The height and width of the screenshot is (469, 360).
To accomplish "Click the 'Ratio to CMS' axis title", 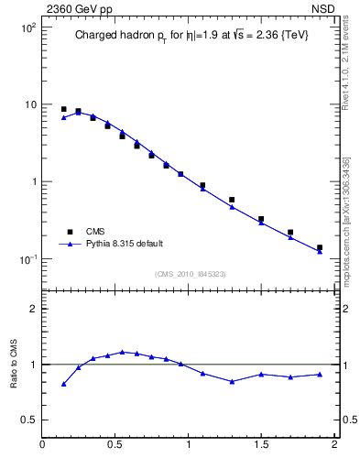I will point(14,365).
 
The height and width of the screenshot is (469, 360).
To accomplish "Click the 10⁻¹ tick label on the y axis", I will point(28,259).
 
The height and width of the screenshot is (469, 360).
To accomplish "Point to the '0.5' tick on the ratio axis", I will point(27,420).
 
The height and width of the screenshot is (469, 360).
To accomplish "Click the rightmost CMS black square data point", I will point(320,247).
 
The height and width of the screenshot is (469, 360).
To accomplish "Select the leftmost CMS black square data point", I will point(63,109).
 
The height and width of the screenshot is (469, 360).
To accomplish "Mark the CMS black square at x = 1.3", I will point(232,200).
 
